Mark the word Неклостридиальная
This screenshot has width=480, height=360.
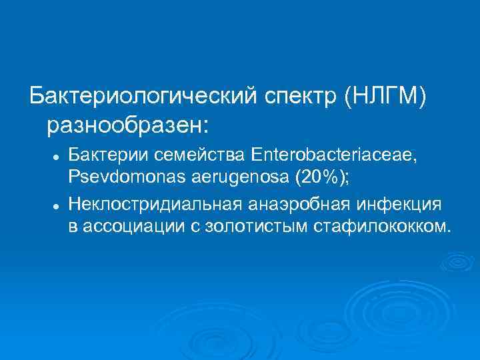(x=161, y=203)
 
